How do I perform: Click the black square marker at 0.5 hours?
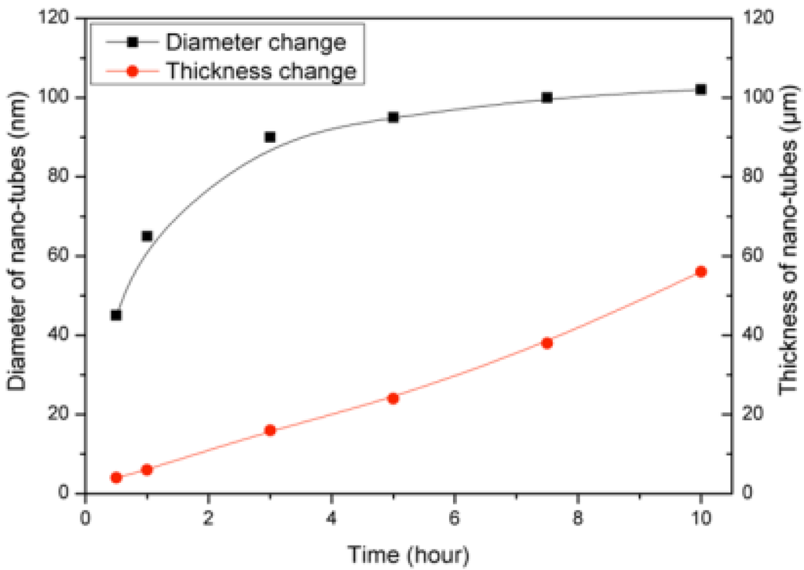(x=116, y=315)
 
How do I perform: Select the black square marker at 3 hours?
(x=270, y=137)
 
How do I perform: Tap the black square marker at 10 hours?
(x=701, y=90)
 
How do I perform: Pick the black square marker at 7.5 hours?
(x=547, y=98)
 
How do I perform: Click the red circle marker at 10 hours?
(x=701, y=272)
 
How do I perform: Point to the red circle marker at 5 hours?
(x=393, y=398)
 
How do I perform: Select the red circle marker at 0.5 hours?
(x=116, y=477)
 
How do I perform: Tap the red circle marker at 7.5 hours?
(x=547, y=343)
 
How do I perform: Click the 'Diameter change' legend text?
(x=256, y=42)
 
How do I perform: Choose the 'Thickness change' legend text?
(x=262, y=71)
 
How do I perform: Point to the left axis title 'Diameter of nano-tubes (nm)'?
(x=16, y=255)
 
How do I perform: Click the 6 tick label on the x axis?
(x=455, y=518)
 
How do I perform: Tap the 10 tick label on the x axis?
(x=701, y=518)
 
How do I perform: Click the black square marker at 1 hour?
(x=147, y=236)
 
